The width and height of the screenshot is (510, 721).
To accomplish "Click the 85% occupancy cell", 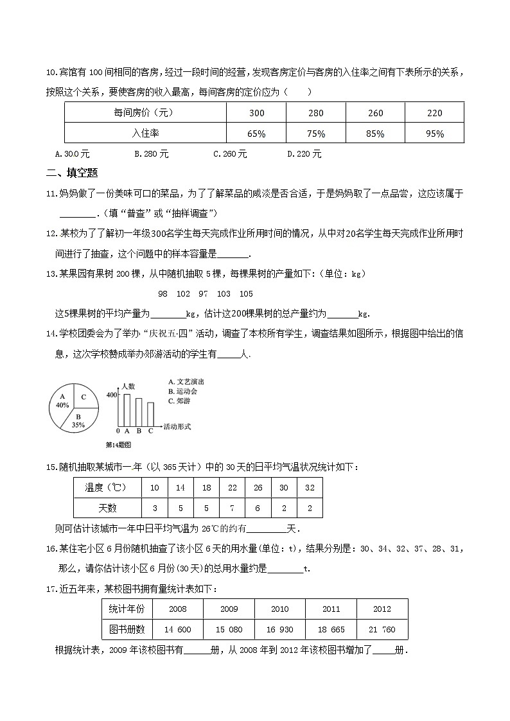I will pyautogui.click(x=375, y=134).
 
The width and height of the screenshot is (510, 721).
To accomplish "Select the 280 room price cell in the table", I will pyautogui.click(x=316, y=113).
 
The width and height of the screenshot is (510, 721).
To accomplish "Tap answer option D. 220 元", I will pyautogui.click(x=304, y=154).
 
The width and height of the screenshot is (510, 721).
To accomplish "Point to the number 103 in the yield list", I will pyautogui.click(x=224, y=293).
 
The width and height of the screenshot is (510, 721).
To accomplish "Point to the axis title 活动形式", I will pyautogui.click(x=177, y=426).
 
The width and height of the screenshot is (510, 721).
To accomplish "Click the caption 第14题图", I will pyautogui.click(x=118, y=444).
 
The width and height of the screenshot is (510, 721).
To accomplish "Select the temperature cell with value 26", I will pyautogui.click(x=258, y=488).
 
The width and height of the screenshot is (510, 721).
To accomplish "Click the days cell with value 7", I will pyautogui.click(x=232, y=508).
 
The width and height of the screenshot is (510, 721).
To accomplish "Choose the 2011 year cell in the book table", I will pyautogui.click(x=331, y=609).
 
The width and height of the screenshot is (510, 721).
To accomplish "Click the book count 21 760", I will pyautogui.click(x=382, y=630).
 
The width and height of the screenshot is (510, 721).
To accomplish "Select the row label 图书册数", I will pyautogui.click(x=127, y=630).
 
